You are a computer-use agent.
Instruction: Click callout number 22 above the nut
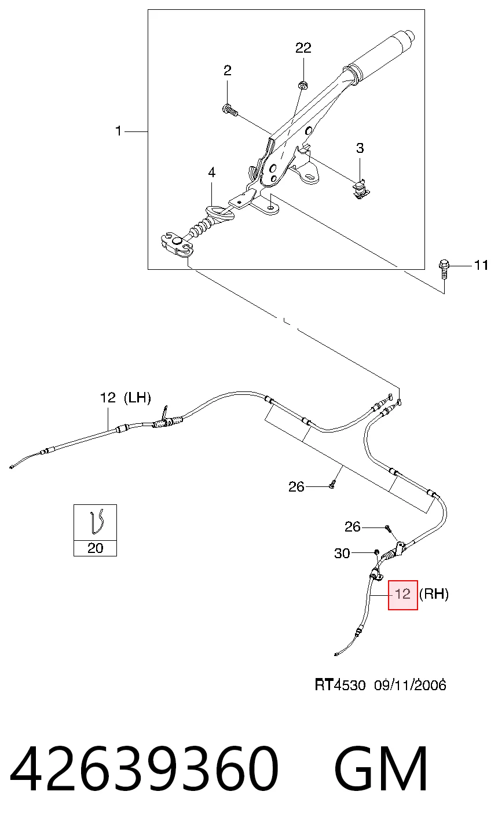pyautogui.click(x=303, y=48)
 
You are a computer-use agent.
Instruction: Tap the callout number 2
pyautogui.click(x=228, y=71)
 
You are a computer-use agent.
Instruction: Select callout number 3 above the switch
pyautogui.click(x=360, y=148)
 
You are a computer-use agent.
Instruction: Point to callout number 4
pyautogui.click(x=212, y=173)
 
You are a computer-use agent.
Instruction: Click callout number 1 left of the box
pyautogui.click(x=118, y=131)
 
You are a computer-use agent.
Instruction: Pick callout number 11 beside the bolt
pyautogui.click(x=481, y=265)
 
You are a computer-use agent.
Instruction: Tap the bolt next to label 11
pyautogui.click(x=444, y=269)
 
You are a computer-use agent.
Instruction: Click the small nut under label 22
pyautogui.click(x=302, y=85)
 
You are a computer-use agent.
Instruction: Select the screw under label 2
pyautogui.click(x=230, y=111)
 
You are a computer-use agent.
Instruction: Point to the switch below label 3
pyautogui.click(x=361, y=190)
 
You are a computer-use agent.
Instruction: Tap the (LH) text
pyautogui.click(x=137, y=397)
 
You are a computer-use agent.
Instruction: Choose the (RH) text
pyautogui.click(x=434, y=594)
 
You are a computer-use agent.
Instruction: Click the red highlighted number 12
pyautogui.click(x=403, y=595)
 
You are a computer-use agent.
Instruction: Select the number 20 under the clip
pyautogui.click(x=95, y=548)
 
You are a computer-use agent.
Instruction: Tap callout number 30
pyautogui.click(x=342, y=554)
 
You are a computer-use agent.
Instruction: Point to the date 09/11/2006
pyautogui.click(x=410, y=685)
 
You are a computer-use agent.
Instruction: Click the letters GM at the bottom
pyautogui.click(x=380, y=768)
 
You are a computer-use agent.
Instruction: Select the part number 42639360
pyautogui.click(x=144, y=768)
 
